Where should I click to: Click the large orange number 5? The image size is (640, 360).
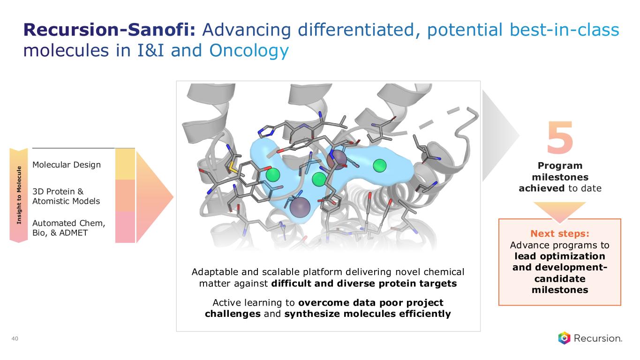pyautogui.click(x=560, y=137)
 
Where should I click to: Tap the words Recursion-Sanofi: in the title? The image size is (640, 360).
pyautogui.click(x=109, y=30)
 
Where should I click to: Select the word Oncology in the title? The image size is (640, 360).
pyautogui.click(x=249, y=51)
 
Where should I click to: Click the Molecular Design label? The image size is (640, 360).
pyautogui.click(x=67, y=165)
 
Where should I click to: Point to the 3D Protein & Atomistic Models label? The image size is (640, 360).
pyautogui.click(x=66, y=196)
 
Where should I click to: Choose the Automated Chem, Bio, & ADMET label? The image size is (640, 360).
pyautogui.click(x=68, y=228)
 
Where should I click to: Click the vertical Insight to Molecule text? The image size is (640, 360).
pyautogui.click(x=19, y=195)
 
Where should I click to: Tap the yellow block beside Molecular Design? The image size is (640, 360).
pyautogui.click(x=125, y=164)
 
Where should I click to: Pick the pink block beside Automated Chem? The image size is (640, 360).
pyautogui.click(x=125, y=227)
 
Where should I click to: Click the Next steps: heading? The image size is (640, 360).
pyautogui.click(x=560, y=234)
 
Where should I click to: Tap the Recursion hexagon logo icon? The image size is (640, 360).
pyautogui.click(x=564, y=338)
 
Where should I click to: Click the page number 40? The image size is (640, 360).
pyautogui.click(x=15, y=338)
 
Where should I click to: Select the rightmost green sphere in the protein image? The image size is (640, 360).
pyautogui.click(x=380, y=165)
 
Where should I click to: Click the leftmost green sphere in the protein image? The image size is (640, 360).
pyautogui.click(x=273, y=175)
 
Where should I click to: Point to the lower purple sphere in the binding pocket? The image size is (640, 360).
pyautogui.click(x=300, y=207)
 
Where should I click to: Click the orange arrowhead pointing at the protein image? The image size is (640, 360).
pyautogui.click(x=155, y=197)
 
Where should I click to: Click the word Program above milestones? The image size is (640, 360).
pyautogui.click(x=560, y=166)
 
